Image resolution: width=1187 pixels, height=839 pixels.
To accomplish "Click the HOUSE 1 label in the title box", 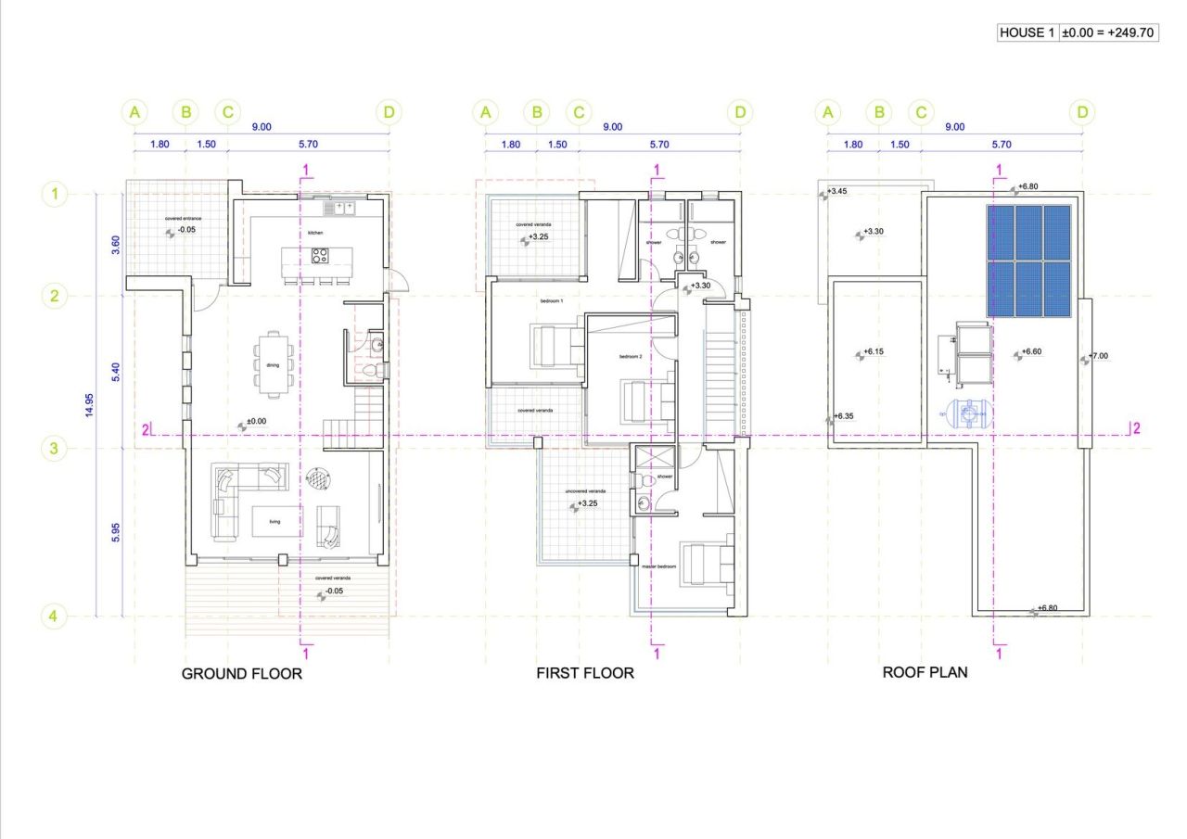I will tap(1027, 33).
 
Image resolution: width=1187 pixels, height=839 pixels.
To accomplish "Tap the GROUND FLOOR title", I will tap(241, 674).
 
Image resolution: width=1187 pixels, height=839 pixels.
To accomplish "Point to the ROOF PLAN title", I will tap(925, 672).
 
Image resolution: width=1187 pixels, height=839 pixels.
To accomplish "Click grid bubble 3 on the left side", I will tap(54, 449).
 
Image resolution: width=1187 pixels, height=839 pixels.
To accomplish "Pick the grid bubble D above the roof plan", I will tap(1081, 113).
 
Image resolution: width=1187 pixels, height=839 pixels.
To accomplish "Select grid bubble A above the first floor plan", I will tap(485, 113).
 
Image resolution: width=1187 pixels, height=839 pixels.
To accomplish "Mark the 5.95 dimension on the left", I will tap(114, 532).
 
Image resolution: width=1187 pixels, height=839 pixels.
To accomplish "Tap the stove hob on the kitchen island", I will tap(320, 255).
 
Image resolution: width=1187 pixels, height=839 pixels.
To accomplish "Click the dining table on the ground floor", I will tap(273, 359).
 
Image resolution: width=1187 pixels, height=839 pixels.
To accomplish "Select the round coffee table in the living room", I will tap(318, 479).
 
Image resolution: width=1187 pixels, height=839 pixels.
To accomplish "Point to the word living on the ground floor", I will tap(274, 522).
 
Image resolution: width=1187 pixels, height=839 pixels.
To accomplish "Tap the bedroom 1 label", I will tap(552, 302).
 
